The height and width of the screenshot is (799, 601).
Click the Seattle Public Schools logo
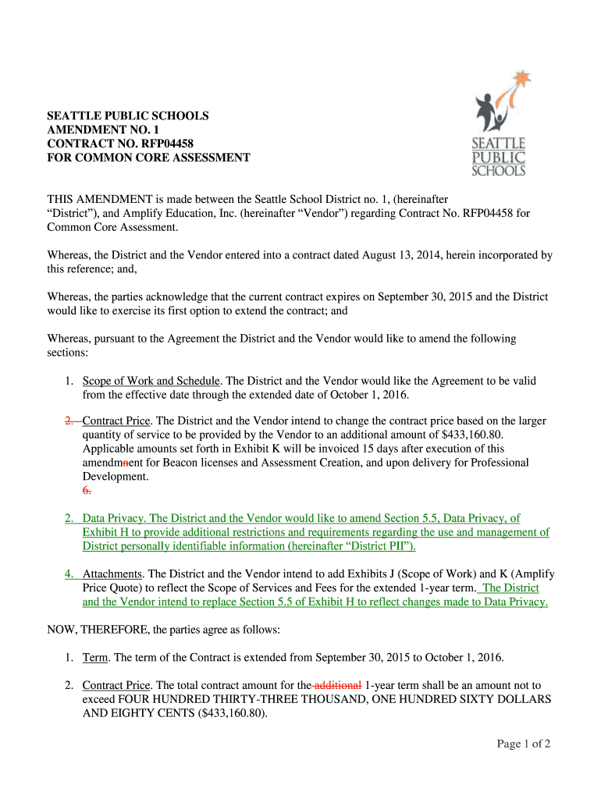(x=500, y=125)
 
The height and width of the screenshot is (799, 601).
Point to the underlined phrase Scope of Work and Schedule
(x=151, y=381)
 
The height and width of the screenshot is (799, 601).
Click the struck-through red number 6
(x=87, y=490)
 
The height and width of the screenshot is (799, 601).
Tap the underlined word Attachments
(x=112, y=574)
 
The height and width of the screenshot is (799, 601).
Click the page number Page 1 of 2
(x=524, y=744)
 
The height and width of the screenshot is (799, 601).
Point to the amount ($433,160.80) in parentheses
(x=227, y=713)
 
